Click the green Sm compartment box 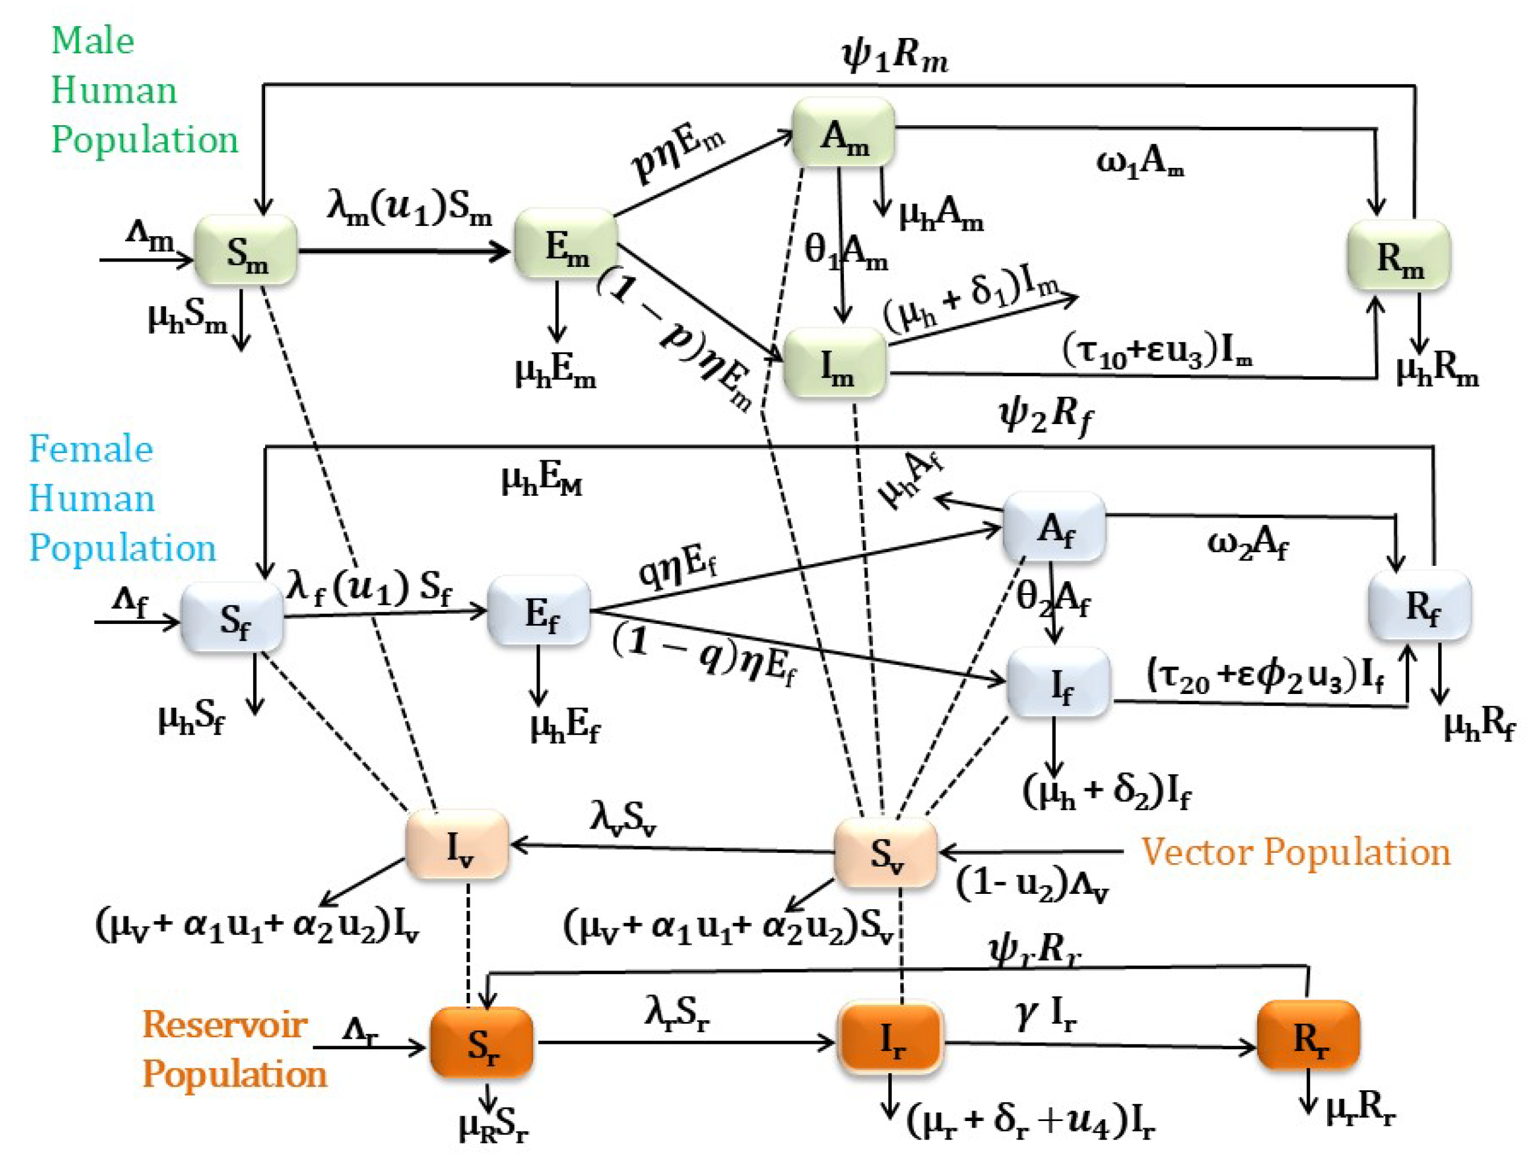pos(246,250)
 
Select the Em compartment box pos(565,245)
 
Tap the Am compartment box pos(843,133)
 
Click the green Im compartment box pos(835,362)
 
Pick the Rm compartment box pos(1398,255)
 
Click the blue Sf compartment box pos(232,617)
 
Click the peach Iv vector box pos(457,844)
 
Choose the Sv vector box pos(885,852)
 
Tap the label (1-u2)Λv pos(1032,885)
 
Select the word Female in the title pos(91,449)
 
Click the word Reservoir pos(224,1024)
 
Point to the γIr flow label pos(1044,1014)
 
